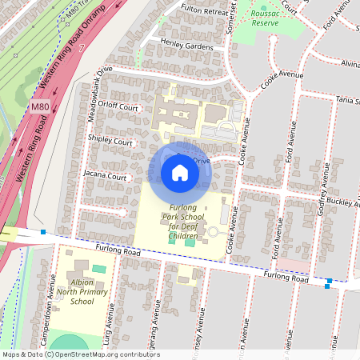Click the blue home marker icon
point(180,173)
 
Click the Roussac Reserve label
point(266,18)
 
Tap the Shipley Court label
point(111,142)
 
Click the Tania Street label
point(347,100)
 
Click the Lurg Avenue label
point(107,331)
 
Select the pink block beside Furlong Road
point(294,263)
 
